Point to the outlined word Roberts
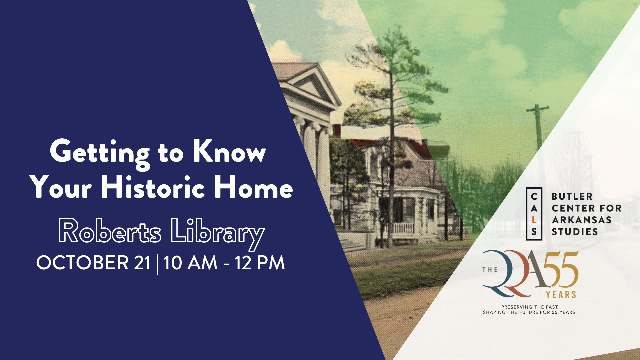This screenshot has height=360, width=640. click(x=110, y=231)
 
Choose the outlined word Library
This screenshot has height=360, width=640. click(x=218, y=234)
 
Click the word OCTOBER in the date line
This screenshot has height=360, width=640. click(x=83, y=263)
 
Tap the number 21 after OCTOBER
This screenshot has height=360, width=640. click(x=142, y=263)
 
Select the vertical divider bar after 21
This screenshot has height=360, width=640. click(x=157, y=264)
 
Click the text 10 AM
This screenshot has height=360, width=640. click(x=190, y=263)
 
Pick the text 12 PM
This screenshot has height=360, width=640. click(x=260, y=263)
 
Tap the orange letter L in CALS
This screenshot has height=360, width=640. click(x=534, y=220)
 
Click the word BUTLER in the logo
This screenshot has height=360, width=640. click(x=572, y=197)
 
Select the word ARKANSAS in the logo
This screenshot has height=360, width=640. click(x=581, y=220)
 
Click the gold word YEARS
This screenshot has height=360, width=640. click(x=561, y=295)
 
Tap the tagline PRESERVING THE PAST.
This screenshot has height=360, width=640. click(x=530, y=307)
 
